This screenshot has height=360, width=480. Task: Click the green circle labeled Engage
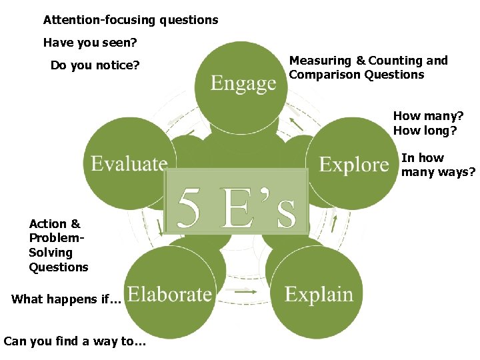click(243, 83)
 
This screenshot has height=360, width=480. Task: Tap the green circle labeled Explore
click(353, 164)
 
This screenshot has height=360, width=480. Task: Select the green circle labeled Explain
click(319, 294)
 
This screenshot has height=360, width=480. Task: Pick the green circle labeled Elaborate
click(169, 294)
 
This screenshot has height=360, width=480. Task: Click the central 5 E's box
click(237, 201)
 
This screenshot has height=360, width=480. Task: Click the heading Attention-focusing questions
click(131, 20)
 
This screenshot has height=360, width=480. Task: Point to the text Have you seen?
click(90, 43)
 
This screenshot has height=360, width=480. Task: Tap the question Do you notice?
click(95, 65)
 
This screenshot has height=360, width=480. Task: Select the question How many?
click(428, 116)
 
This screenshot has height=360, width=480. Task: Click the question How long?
click(425, 130)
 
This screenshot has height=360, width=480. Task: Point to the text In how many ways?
click(438, 165)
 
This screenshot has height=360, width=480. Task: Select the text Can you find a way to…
click(75, 341)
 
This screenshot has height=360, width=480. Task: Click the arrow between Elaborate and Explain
click(245, 291)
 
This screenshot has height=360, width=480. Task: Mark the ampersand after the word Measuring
click(360, 61)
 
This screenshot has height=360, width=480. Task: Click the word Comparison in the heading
click(325, 75)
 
